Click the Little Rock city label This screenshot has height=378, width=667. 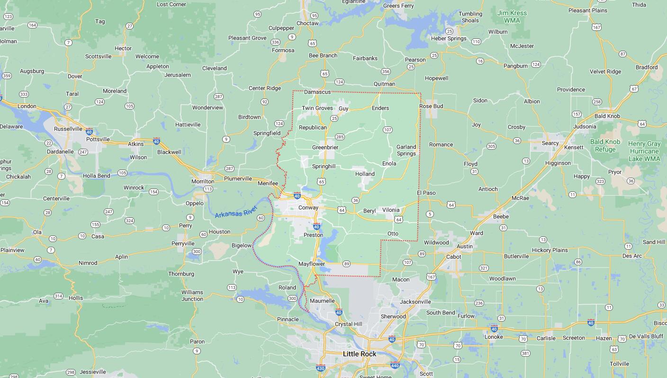(359, 354)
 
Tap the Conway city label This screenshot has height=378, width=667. (308, 207)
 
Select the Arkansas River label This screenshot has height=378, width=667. (235, 212)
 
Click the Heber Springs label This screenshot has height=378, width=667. (449, 38)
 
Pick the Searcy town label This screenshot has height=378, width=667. (550, 143)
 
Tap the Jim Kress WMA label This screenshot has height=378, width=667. (512, 17)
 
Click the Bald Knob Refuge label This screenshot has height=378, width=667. (605, 145)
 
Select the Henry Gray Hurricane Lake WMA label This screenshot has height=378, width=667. (644, 151)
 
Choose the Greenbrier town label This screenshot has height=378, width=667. (325, 147)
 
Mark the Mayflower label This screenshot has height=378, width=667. (312, 264)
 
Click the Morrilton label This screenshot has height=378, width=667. (203, 181)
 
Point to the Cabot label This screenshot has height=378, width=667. (454, 256)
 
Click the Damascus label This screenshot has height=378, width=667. (317, 92)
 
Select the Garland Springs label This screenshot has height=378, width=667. (406, 150)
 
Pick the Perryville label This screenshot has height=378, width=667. (183, 243)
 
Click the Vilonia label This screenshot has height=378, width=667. (391, 210)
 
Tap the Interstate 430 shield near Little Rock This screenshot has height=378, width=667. (321, 368)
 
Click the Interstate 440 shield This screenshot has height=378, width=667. (395, 365)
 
